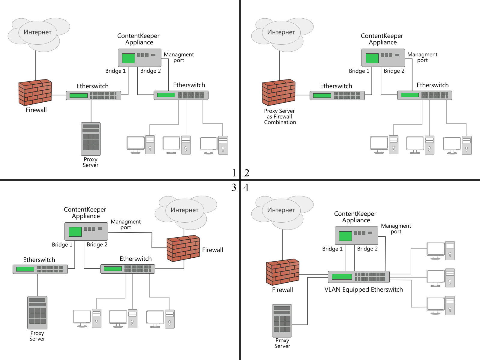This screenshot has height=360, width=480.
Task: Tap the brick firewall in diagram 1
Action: pyautogui.click(x=35, y=92)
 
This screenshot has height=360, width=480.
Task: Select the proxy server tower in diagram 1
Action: pyautogui.click(x=91, y=139)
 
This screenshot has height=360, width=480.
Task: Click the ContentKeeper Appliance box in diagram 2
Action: pyautogui.click(x=383, y=58)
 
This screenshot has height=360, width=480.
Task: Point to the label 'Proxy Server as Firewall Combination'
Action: pyautogui.click(x=280, y=116)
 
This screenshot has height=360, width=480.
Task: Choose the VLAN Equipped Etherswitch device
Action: pyautogui.click(x=358, y=277)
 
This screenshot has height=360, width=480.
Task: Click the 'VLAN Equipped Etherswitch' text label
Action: pyautogui.click(x=364, y=289)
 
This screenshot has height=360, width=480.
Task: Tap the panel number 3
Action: pyautogui.click(x=234, y=187)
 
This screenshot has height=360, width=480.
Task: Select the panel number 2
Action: pyautogui.click(x=247, y=173)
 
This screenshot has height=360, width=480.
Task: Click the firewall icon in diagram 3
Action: pyautogui.click(x=183, y=248)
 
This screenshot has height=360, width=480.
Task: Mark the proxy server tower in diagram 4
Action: pyautogui.click(x=282, y=321)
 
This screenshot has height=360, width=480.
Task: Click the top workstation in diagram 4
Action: pyautogui.click(x=440, y=250)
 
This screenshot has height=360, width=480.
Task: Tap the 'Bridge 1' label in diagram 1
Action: pyautogui.click(x=115, y=71)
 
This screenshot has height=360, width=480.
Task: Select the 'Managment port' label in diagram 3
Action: pyautogui.click(x=126, y=224)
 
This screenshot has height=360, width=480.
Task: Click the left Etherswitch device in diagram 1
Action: pyautogui.click(x=93, y=95)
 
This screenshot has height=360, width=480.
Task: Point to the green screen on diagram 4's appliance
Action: pyautogui.click(x=345, y=236)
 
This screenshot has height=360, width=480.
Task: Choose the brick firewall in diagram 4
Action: pyautogui.click(x=283, y=272)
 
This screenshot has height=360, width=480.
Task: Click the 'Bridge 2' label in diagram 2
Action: pyautogui.click(x=394, y=71)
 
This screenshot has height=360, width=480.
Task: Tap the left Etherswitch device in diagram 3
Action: pyautogui.click(x=40, y=269)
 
